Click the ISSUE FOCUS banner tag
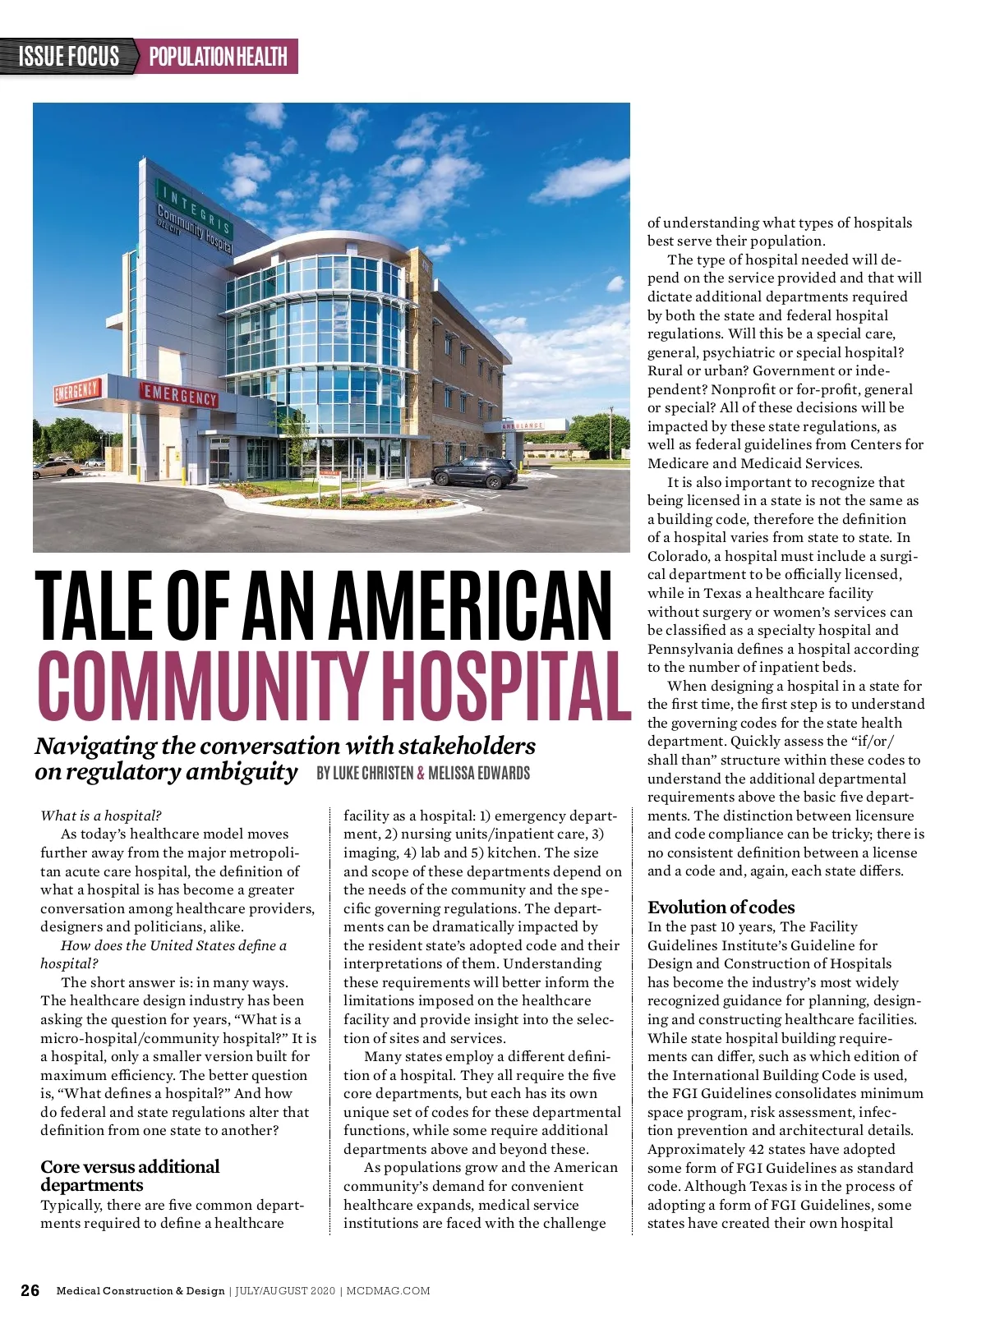pos(69,57)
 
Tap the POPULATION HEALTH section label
pos(218,57)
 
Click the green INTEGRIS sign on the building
pos(194,209)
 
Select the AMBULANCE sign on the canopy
pos(523,425)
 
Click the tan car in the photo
pos(57,468)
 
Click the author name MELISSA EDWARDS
pos(479,773)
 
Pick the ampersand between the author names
pos(421,773)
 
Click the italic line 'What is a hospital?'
pos(101,816)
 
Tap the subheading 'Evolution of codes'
pos(721,907)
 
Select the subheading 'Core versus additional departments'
pos(130,1175)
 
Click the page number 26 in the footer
pos(30,1290)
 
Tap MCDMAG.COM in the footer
pos(388,1291)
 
